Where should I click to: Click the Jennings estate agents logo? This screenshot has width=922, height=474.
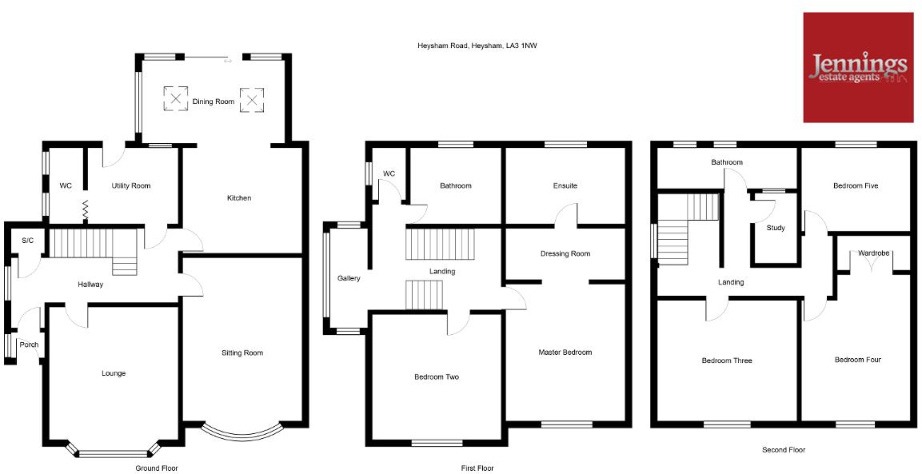858,68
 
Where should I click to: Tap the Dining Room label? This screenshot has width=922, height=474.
214,102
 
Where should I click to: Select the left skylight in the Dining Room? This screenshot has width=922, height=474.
174,98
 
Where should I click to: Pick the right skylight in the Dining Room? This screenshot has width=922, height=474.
252,99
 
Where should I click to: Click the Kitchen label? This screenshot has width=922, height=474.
238,198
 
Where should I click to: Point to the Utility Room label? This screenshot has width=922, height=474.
130,186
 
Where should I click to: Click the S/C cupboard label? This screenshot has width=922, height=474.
28,241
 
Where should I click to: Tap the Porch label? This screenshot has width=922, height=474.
29,345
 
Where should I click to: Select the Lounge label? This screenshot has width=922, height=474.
113,373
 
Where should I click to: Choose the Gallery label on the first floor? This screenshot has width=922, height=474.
349,279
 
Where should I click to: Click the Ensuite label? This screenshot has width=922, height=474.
565,186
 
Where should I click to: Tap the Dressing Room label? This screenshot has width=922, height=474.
565,254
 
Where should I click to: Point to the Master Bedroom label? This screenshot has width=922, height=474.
565,353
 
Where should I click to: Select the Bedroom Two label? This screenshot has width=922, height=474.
436,377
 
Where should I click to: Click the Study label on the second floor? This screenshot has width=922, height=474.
775,229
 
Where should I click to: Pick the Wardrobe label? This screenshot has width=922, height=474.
873,253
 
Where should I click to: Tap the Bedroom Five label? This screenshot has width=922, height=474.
855,186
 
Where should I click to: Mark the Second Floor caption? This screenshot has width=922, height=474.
784,450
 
